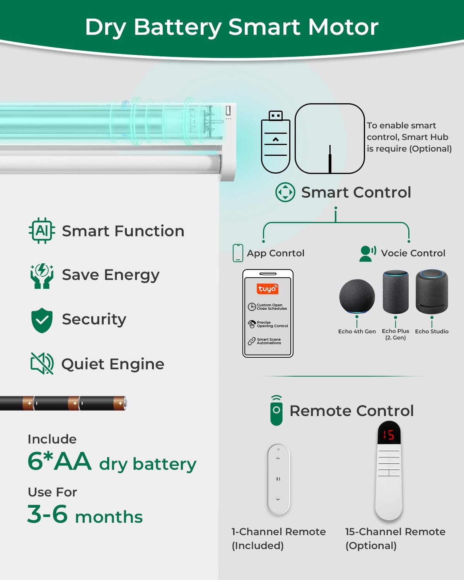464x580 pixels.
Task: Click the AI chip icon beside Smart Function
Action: tap(42, 231)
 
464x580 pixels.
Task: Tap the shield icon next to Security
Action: tap(42, 320)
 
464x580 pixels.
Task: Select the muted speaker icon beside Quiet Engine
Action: tap(42, 363)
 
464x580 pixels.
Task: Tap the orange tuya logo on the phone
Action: tap(268, 289)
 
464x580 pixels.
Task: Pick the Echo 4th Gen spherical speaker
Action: tap(357, 296)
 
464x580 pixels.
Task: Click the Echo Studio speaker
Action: tap(432, 292)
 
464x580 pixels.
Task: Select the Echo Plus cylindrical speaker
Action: tap(396, 292)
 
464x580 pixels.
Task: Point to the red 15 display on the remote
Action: tap(389, 435)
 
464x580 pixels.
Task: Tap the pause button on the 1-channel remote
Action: tap(278, 479)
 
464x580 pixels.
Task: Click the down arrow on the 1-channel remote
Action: tap(278, 500)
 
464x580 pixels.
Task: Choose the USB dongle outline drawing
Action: tap(276, 142)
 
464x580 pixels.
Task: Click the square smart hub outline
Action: tap(330, 138)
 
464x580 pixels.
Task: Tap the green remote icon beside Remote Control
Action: tap(276, 411)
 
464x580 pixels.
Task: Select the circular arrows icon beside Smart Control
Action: tap(285, 192)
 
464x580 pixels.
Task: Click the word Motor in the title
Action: tap(343, 27)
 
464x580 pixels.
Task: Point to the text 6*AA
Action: tap(59, 461)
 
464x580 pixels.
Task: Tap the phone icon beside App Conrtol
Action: tap(238, 253)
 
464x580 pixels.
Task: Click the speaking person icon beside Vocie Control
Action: tap(367, 254)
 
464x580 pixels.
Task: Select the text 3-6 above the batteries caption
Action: tap(47, 514)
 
